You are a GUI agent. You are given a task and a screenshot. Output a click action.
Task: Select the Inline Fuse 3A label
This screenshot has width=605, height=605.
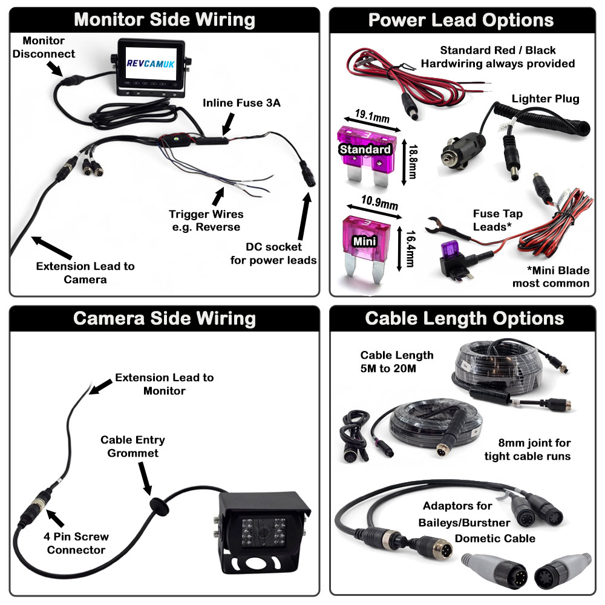pyautogui.click(x=241, y=103)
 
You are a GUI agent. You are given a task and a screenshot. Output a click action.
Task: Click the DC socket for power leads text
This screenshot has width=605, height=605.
pyautogui.click(x=275, y=253)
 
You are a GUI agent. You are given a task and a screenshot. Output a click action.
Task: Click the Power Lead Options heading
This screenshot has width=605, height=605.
pyautogui.click(x=461, y=19)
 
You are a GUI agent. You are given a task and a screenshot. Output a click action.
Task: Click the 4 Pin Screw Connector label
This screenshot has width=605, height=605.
pyautogui.click(x=76, y=543)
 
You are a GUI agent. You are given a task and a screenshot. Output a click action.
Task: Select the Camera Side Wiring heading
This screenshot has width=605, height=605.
pyautogui.click(x=165, y=318)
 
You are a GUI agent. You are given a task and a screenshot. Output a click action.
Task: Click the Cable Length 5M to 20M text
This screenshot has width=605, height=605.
pyautogui.click(x=397, y=362)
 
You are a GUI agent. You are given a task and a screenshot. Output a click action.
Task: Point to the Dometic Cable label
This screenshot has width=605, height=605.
pyautogui.click(x=495, y=538)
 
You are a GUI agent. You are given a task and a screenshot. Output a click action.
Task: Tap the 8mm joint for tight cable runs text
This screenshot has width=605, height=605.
pyautogui.click(x=527, y=450)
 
